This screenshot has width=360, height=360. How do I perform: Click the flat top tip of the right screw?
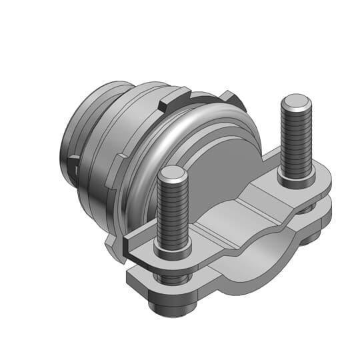click(x=296, y=104)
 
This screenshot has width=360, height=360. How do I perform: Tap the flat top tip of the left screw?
click(x=173, y=175)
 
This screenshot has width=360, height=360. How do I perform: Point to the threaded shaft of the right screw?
click(x=295, y=143)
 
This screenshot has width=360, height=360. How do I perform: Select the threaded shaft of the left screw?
click(x=173, y=213)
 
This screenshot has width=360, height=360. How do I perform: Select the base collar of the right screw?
click(x=295, y=179)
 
